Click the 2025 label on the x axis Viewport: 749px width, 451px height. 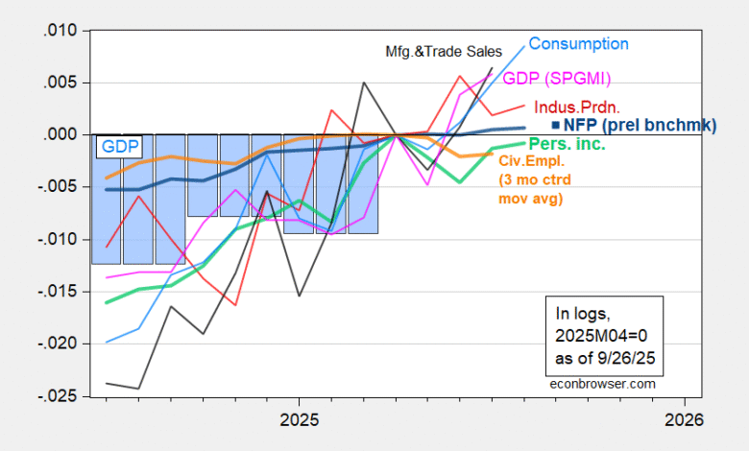299,419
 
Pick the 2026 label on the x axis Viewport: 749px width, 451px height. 683,419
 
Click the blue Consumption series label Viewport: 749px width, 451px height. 578,44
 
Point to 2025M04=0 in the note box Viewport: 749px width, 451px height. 598,339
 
